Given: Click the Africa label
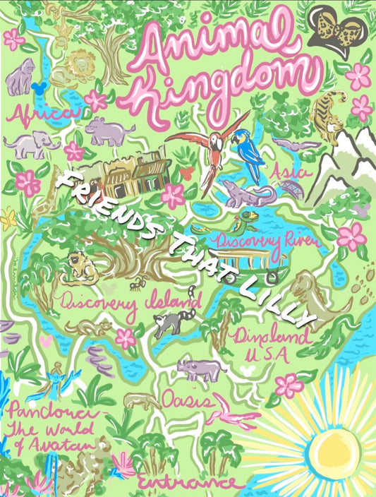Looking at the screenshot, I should point(40,114).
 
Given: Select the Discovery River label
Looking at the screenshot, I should point(268,241).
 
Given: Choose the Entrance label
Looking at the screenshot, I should point(186,482).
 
